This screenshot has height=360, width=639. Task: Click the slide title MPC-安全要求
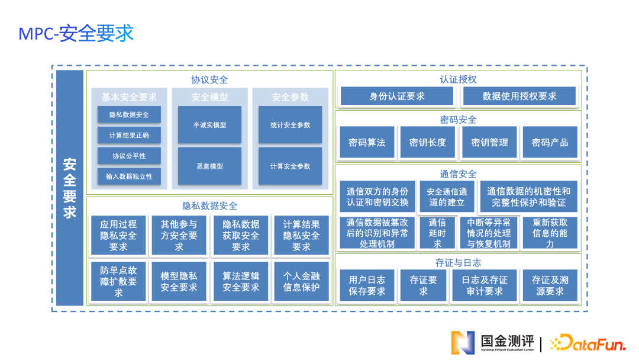[76, 33]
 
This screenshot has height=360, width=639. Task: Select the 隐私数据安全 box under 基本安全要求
[129, 115]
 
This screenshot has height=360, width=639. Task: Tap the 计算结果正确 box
[129, 136]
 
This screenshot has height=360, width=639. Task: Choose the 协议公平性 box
[129, 156]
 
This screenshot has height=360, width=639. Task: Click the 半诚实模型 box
[209, 125]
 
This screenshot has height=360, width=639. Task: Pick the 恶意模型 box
[209, 166]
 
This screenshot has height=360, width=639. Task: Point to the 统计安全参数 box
[290, 125]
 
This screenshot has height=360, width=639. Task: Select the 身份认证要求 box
[396, 96]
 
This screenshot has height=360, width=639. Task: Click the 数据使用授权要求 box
[519, 96]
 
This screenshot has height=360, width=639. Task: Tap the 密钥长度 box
[427, 142]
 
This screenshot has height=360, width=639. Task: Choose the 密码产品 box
[550, 142]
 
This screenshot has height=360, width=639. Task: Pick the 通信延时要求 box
[437, 233]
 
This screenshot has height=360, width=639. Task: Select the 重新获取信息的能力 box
[550, 233]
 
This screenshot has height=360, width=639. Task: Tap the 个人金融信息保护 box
[301, 281]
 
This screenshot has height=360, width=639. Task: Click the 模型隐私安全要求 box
[179, 281]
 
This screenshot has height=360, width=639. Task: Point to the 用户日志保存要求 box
[367, 285]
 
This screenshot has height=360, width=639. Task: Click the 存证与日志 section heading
[458, 262]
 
